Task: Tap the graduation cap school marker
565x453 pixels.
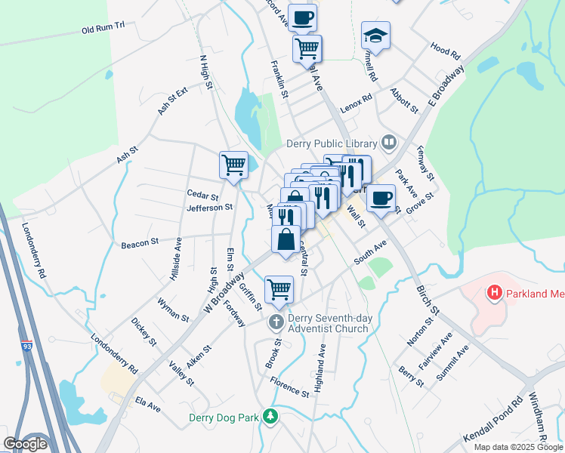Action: coord(375,35)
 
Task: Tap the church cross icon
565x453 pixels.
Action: coord(276,323)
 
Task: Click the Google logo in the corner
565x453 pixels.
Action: coord(25,444)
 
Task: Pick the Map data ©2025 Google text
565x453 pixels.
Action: coord(517,447)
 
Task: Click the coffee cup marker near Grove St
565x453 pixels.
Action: coord(381,198)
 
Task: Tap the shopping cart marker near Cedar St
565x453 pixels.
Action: coord(233,164)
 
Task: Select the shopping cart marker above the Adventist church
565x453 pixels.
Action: coord(279,289)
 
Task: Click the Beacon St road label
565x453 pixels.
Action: coord(139,244)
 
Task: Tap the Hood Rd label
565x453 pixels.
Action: coord(446,51)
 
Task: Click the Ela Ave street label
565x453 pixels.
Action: coord(147,405)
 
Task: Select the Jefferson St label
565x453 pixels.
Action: coord(209,207)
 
